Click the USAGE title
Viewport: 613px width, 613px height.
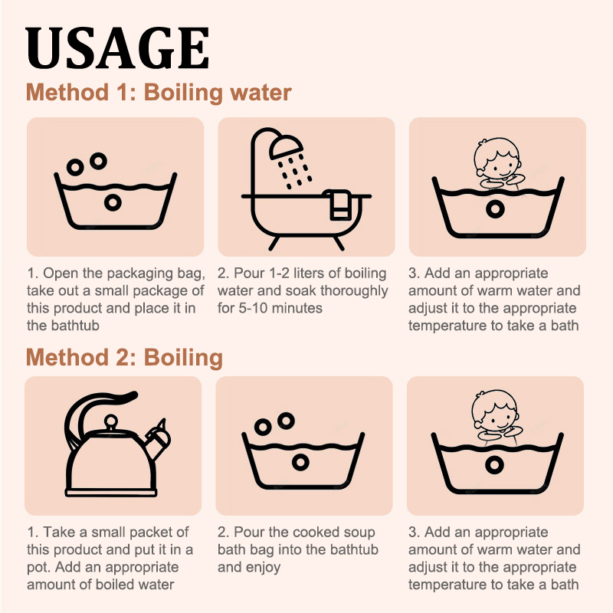pyautogui.click(x=117, y=48)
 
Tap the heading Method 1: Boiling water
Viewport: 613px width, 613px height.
pyautogui.click(x=159, y=93)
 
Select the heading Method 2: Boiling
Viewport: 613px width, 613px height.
pyautogui.click(x=124, y=358)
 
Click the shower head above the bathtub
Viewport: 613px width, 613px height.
pyautogui.click(x=286, y=146)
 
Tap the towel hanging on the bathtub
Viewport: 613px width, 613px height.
pyautogui.click(x=339, y=205)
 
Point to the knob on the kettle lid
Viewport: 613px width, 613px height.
pyautogui.click(x=111, y=422)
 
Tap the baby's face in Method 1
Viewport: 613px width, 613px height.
pyautogui.click(x=497, y=159)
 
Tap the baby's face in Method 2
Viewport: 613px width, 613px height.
pyautogui.click(x=496, y=411)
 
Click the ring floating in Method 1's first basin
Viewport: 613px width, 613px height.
pyautogui.click(x=113, y=202)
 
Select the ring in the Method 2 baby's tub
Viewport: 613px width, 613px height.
pyautogui.click(x=494, y=465)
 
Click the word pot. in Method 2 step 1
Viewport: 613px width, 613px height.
pyautogui.click(x=39, y=567)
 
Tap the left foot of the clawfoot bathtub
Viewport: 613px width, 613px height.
pyautogui.click(x=274, y=243)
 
